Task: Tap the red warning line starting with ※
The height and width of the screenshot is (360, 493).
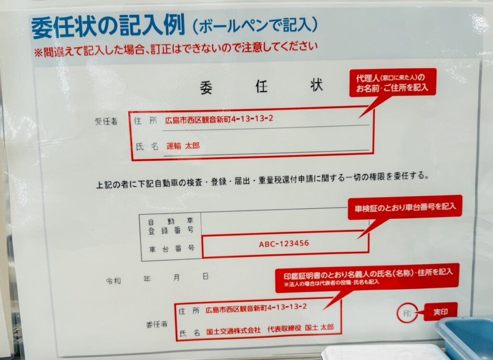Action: [176, 50]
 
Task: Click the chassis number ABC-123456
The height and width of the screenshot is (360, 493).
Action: [284, 243]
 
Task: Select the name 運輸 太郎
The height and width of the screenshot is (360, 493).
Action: [182, 146]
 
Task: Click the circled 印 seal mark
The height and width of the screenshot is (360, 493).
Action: [407, 313]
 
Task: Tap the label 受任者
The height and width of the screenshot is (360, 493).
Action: [106, 121]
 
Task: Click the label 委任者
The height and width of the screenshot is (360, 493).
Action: [156, 324]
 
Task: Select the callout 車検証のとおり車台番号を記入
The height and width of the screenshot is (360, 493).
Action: [405, 207]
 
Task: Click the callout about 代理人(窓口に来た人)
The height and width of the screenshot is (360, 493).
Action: [393, 82]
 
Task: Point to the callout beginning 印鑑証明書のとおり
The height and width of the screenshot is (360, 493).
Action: [367, 277]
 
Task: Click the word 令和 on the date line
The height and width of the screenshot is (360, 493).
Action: [113, 280]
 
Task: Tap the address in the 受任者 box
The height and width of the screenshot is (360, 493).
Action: [219, 119]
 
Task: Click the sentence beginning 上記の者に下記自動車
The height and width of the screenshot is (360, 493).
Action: [262, 180]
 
